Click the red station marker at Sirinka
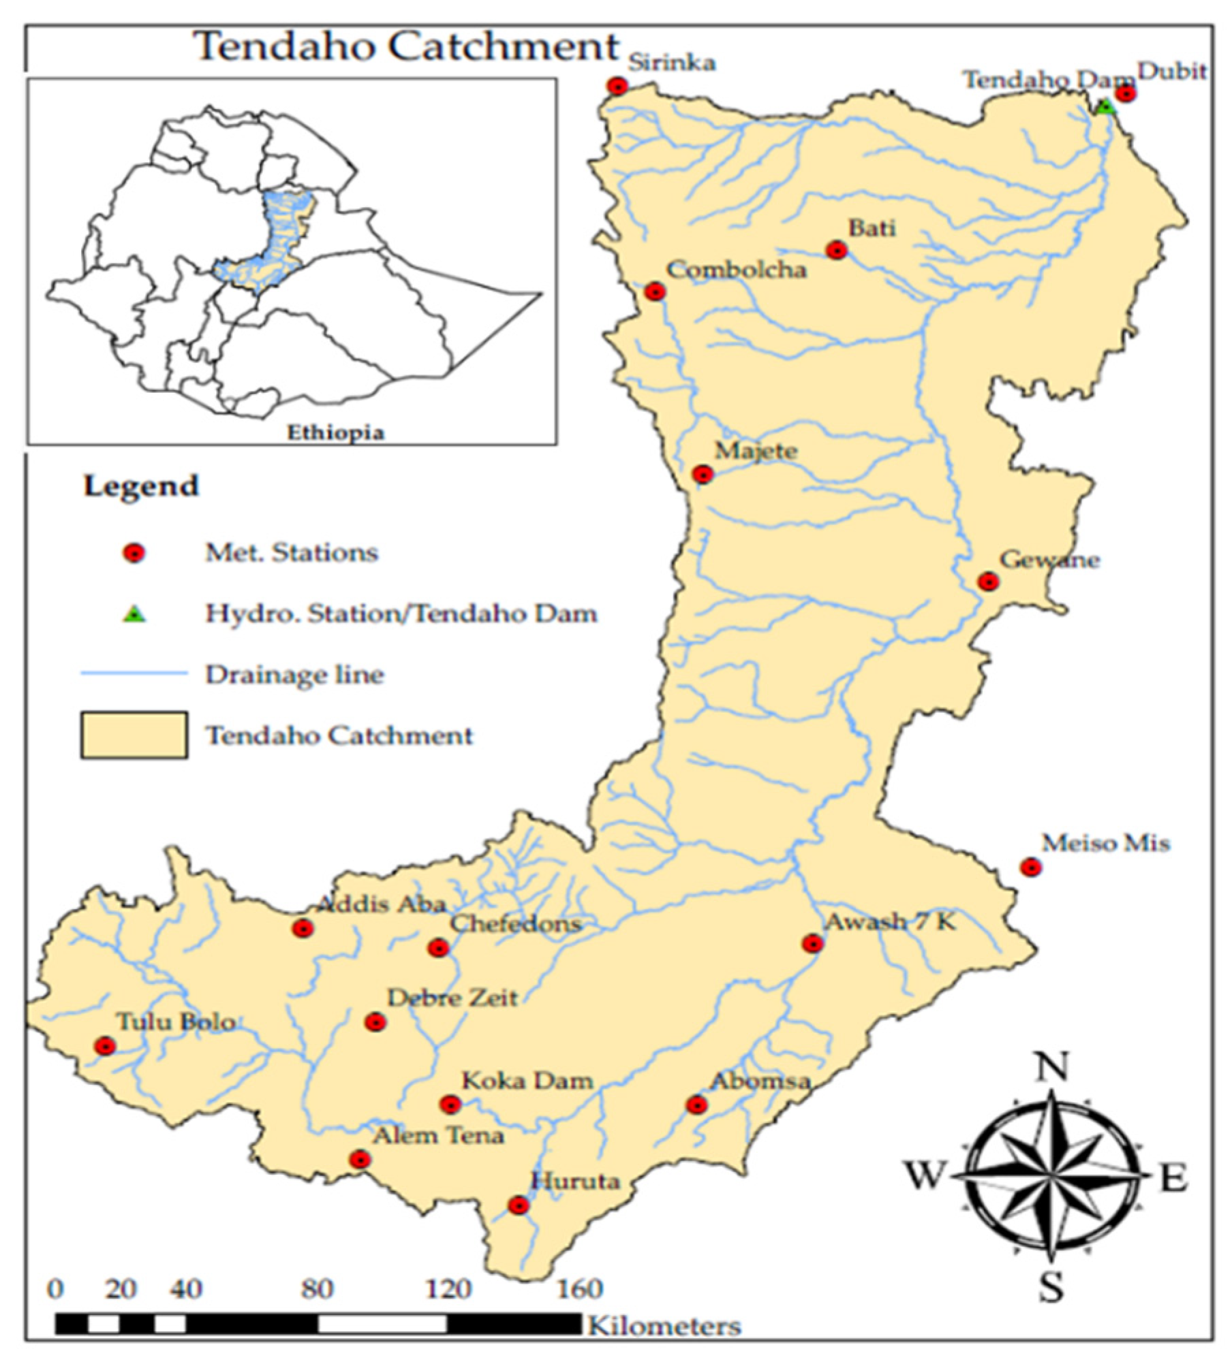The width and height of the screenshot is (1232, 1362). tap(617, 86)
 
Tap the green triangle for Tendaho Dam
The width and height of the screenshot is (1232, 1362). tap(1105, 107)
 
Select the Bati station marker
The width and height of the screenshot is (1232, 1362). tap(837, 251)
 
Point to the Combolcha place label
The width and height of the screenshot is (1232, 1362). tap(736, 270)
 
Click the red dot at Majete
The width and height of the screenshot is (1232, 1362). tap(703, 474)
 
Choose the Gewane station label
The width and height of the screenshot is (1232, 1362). tap(1049, 560)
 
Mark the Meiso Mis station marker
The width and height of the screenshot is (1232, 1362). tap(1030, 867)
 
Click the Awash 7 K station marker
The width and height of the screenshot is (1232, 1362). tap(812, 944)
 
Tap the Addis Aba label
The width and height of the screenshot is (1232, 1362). tap(382, 904)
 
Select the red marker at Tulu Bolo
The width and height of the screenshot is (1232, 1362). tap(105, 1046)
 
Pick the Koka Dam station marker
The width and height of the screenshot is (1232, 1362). tap(450, 1104)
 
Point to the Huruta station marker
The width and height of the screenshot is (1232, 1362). tap(519, 1205)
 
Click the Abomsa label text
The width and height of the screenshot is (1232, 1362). tap(760, 1081)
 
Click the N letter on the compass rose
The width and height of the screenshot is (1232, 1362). tap(1051, 1067)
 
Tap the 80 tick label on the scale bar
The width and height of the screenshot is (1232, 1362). tap(317, 1289)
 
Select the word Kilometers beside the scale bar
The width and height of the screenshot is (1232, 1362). tap(664, 1326)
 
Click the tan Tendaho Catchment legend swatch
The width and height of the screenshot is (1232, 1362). tap(134, 735)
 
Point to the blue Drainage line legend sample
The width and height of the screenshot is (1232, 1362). tap(134, 674)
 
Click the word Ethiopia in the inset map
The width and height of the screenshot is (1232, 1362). tap(335, 432)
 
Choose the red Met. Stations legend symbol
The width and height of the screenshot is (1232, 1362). tap(134, 553)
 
